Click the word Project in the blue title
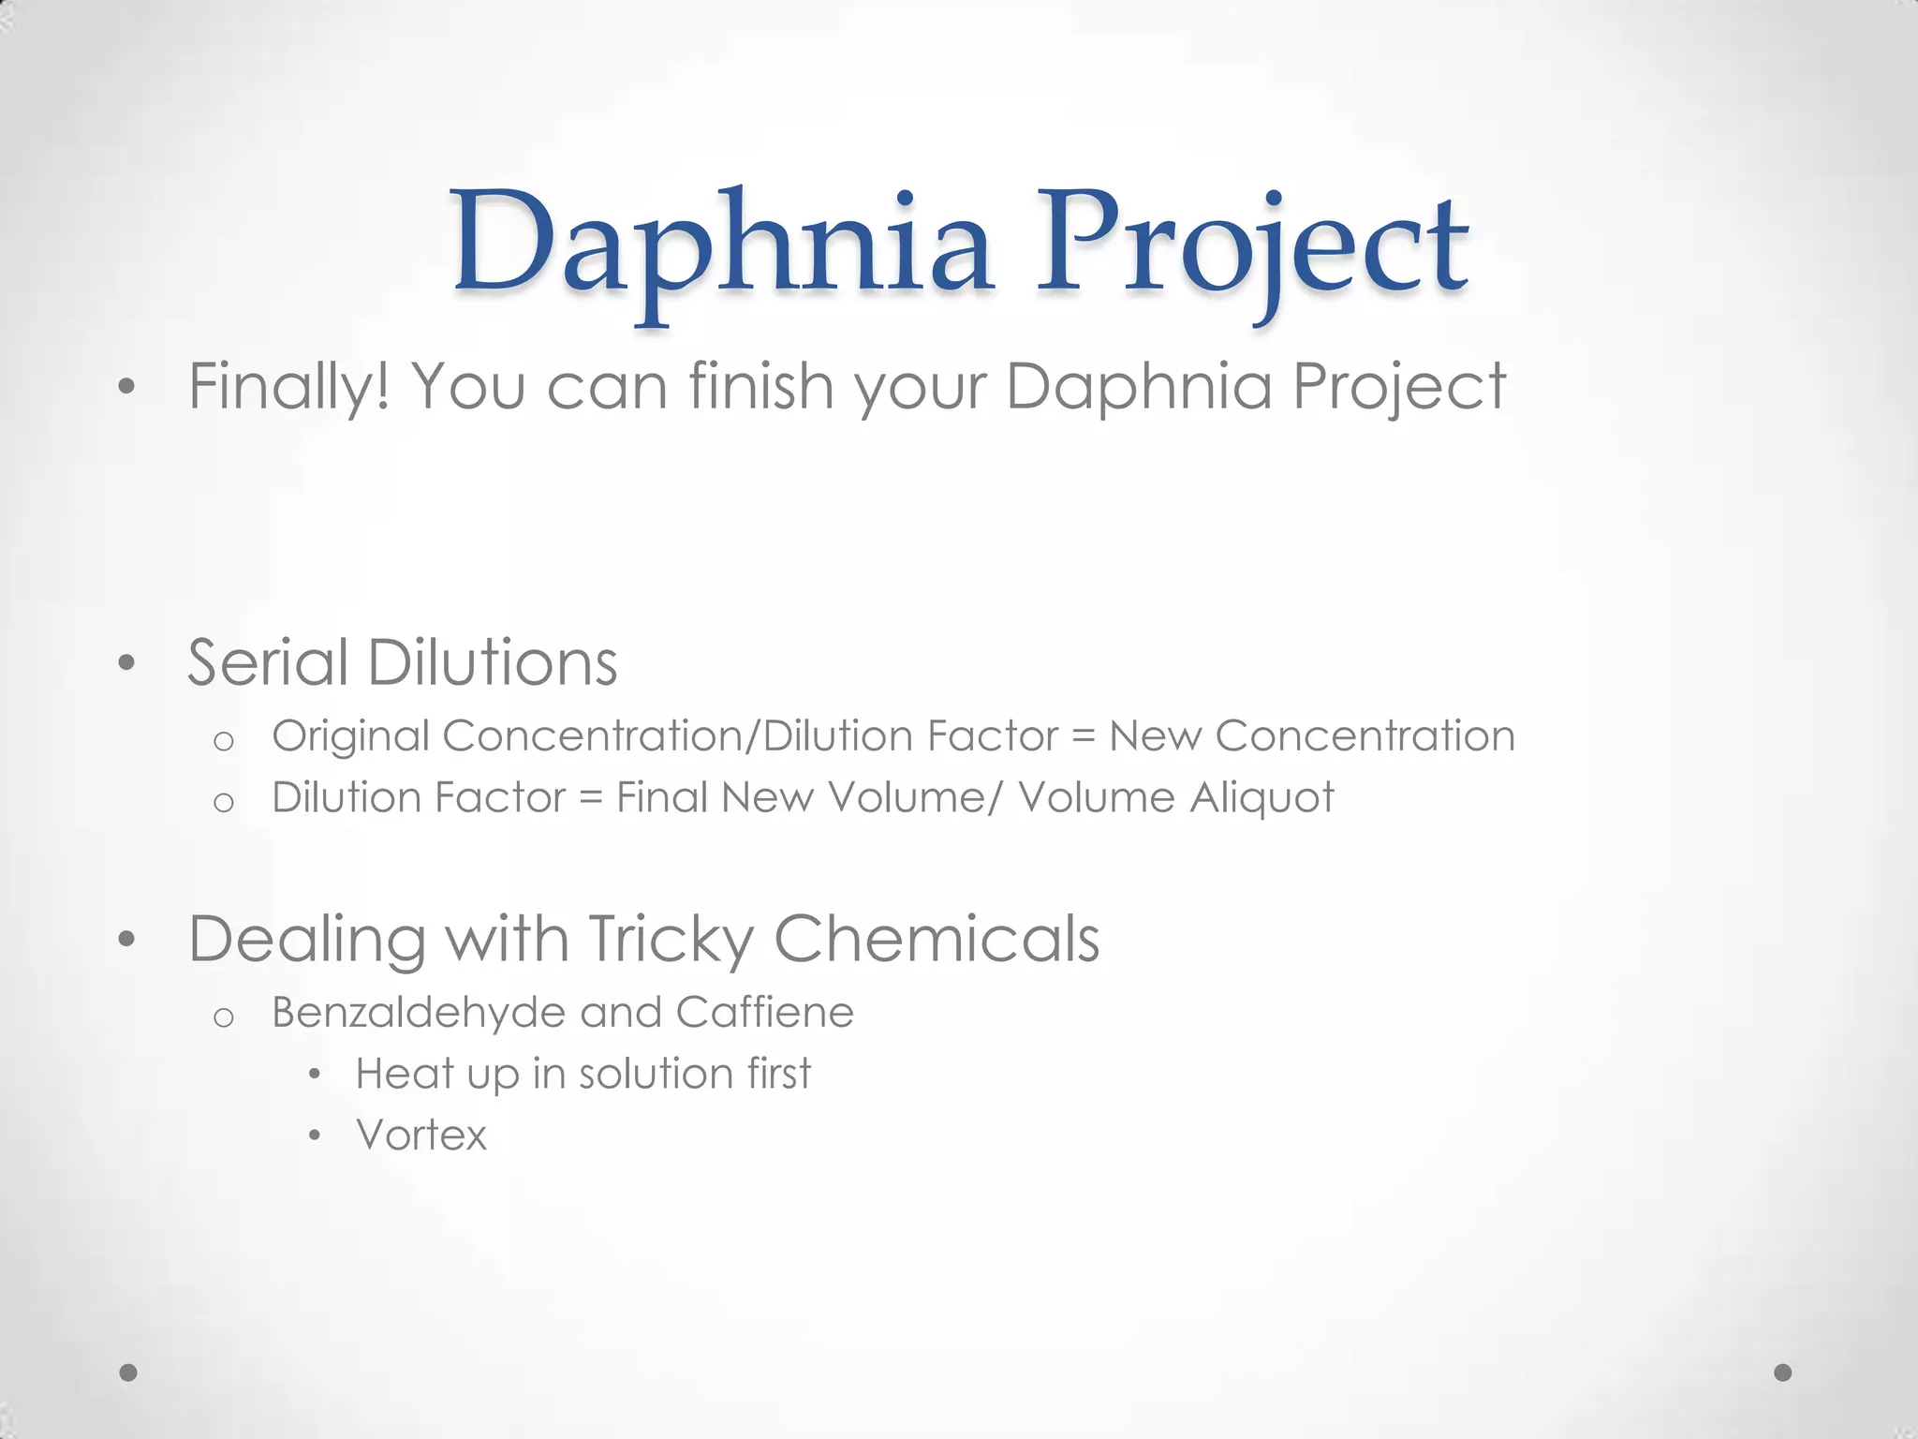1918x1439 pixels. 1251,245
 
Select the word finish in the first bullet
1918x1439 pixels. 760,386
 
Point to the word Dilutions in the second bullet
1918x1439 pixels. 492,663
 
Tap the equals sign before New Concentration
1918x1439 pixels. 1083,737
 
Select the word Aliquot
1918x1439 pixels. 1261,798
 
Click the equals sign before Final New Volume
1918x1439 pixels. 590,799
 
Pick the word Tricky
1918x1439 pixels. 671,940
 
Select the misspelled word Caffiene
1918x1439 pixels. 764,1013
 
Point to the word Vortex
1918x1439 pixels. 421,1135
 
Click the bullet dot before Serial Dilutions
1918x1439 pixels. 127,664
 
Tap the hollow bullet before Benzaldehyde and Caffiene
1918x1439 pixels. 223,1017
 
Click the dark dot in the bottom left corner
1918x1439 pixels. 129,1372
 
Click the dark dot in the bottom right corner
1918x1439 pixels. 1783,1372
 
